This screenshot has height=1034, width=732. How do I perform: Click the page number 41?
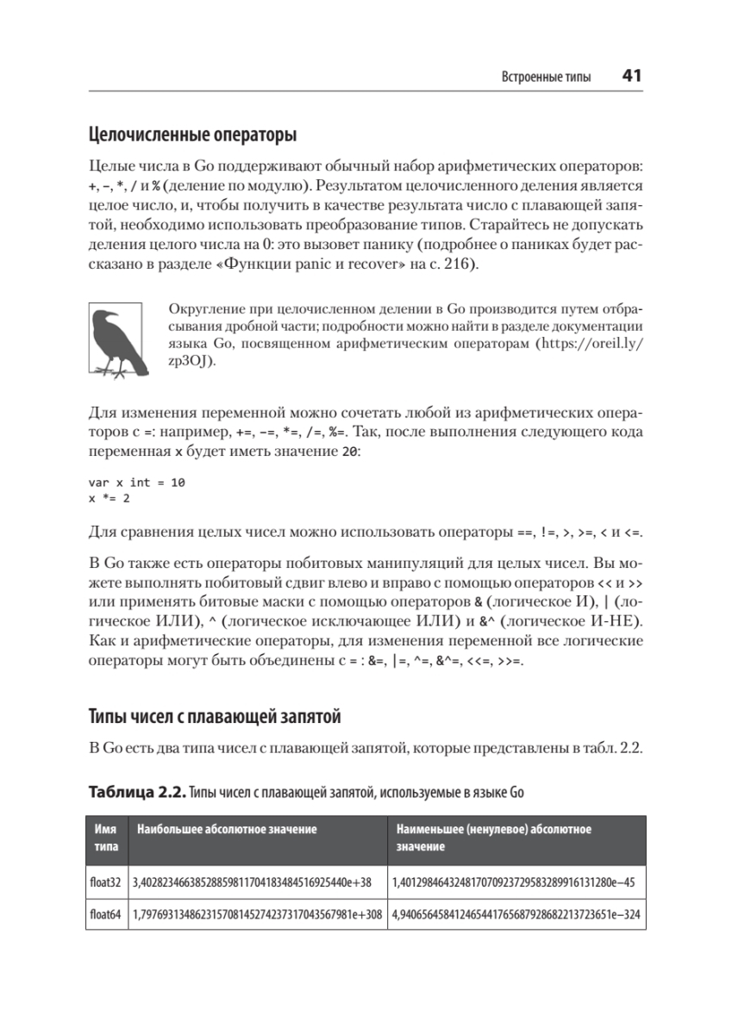tap(631, 76)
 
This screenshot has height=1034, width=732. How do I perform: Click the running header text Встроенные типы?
tap(547, 78)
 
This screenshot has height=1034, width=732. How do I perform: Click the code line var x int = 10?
tap(136, 483)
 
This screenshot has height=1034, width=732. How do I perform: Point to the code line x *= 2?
tap(109, 498)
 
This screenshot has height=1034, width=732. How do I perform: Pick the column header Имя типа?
tap(105, 838)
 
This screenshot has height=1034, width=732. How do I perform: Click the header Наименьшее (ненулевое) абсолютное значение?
tap(493, 838)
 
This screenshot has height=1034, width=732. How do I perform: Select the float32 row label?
tap(106, 882)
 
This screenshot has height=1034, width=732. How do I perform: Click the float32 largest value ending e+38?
tap(252, 882)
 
